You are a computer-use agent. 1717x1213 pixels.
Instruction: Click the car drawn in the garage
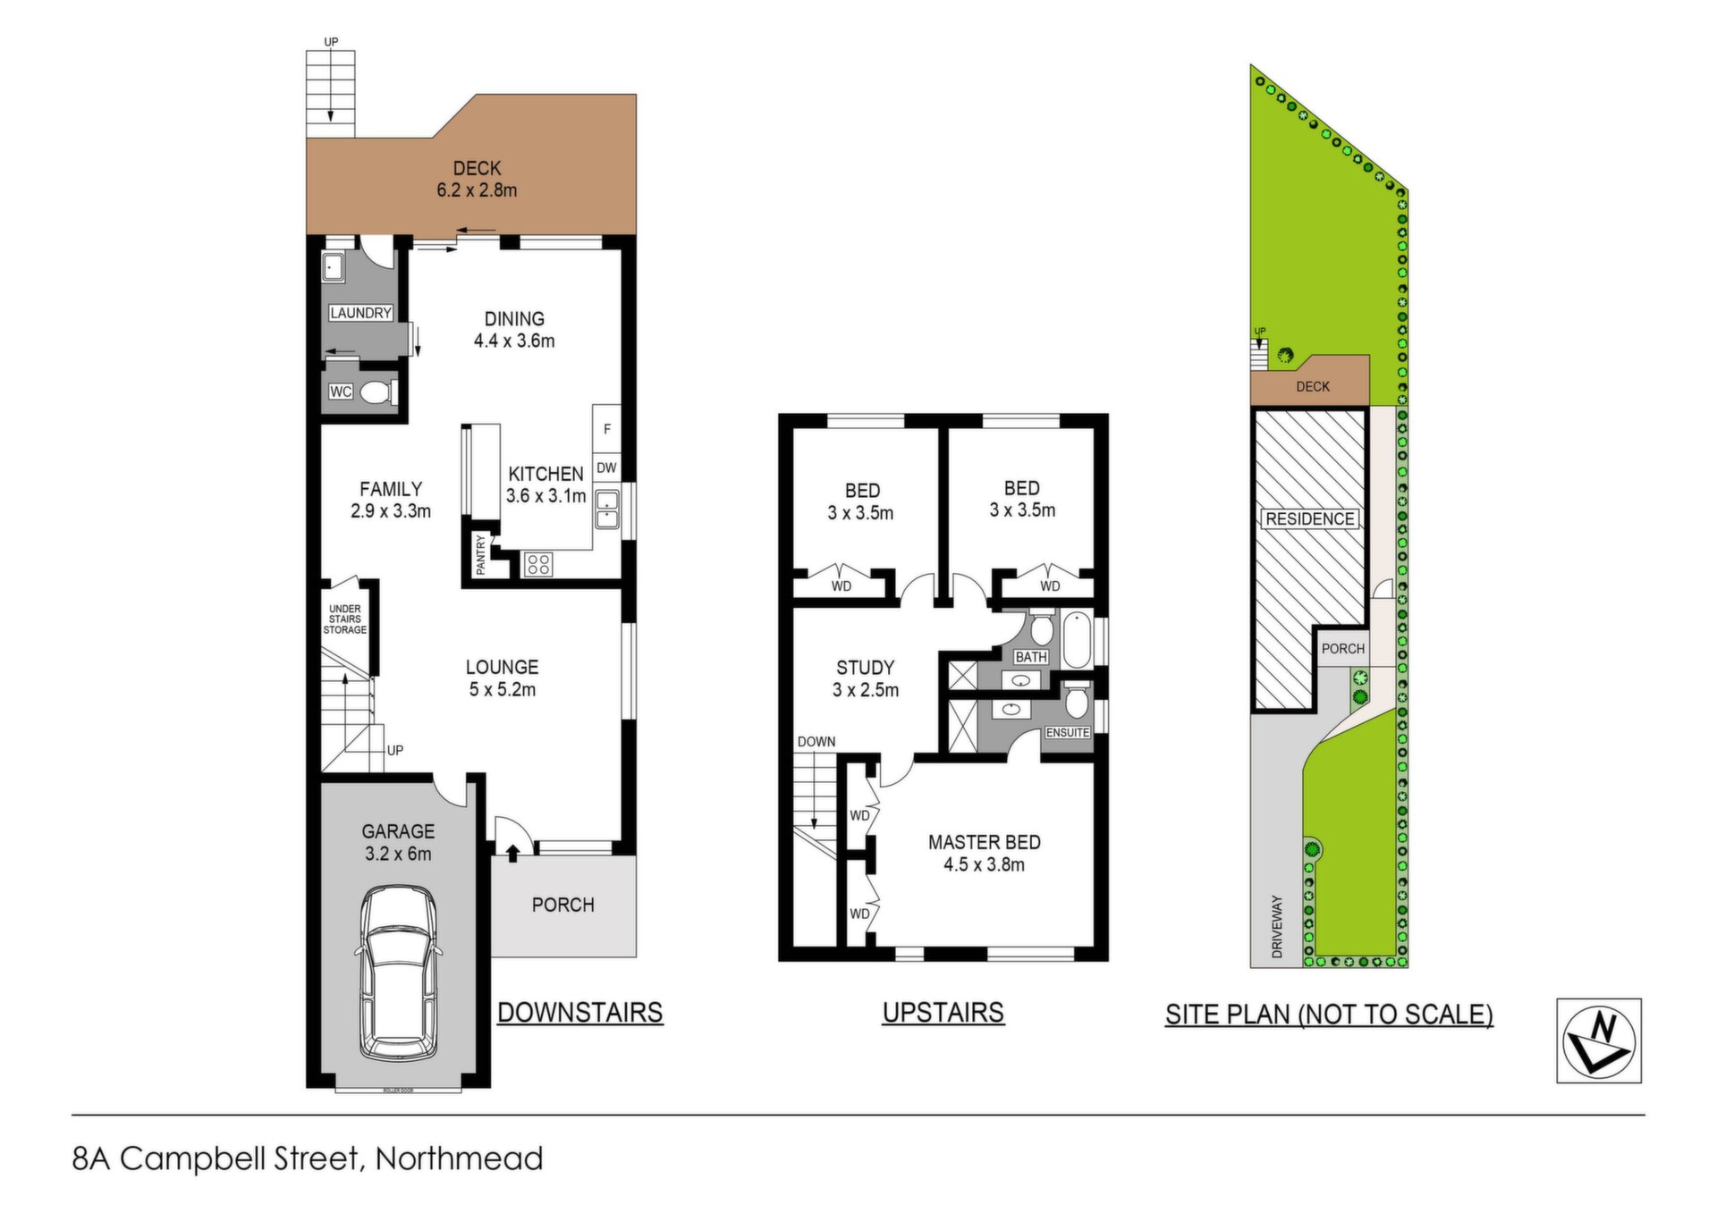coord(399,972)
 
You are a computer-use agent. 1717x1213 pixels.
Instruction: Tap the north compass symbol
coord(1599,1040)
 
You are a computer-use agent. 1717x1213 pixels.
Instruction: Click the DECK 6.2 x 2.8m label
coord(477,179)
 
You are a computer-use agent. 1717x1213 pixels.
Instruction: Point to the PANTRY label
coord(480,554)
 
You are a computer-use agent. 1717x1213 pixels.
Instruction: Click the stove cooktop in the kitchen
coord(538,563)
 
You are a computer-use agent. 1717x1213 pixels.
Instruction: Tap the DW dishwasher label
coord(606,467)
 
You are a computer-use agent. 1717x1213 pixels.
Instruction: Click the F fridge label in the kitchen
coord(607,429)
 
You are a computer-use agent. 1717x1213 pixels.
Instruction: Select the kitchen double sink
coord(607,509)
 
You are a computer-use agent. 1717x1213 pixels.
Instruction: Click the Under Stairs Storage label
coord(345,619)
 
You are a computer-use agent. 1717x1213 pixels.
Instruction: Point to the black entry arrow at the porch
coord(512,853)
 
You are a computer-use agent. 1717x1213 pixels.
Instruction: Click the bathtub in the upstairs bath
coord(1077,639)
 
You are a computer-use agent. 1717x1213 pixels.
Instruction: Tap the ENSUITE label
coord(1068,733)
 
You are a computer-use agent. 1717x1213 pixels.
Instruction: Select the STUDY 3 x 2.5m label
coord(866,678)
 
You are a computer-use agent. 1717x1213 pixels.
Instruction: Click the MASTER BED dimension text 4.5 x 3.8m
coord(984,864)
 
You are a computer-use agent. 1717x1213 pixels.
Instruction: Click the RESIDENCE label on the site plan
coord(1310,519)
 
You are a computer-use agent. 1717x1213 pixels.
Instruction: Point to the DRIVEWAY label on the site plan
coord(1277,927)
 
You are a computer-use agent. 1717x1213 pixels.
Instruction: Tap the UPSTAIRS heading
coord(943,1013)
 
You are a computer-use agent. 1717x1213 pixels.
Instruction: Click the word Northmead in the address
coord(460,1159)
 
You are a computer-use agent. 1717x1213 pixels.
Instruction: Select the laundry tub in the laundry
coord(334,266)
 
